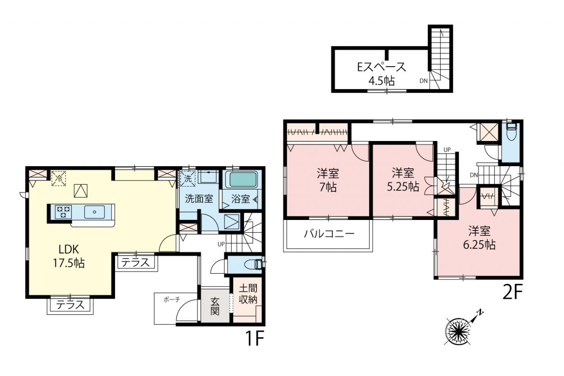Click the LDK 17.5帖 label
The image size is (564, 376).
point(68,256)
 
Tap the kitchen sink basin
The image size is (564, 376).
point(94,212)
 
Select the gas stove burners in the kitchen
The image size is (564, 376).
point(63,212)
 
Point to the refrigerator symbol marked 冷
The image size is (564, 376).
point(59,179)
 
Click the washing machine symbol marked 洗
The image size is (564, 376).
point(188,179)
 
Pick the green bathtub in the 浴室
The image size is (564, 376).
point(241,179)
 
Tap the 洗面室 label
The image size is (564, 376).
point(199,199)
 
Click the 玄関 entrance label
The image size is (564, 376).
point(215,306)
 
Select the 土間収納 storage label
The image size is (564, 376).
point(248,294)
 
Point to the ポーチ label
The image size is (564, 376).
point(172,299)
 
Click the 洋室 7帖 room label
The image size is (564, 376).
point(328,180)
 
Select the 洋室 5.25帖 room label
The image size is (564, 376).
point(403,180)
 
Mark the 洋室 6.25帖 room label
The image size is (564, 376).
point(479,238)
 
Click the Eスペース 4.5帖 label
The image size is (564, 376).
point(382,74)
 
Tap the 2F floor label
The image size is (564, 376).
point(513,292)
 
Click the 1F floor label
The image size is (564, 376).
point(255,339)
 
